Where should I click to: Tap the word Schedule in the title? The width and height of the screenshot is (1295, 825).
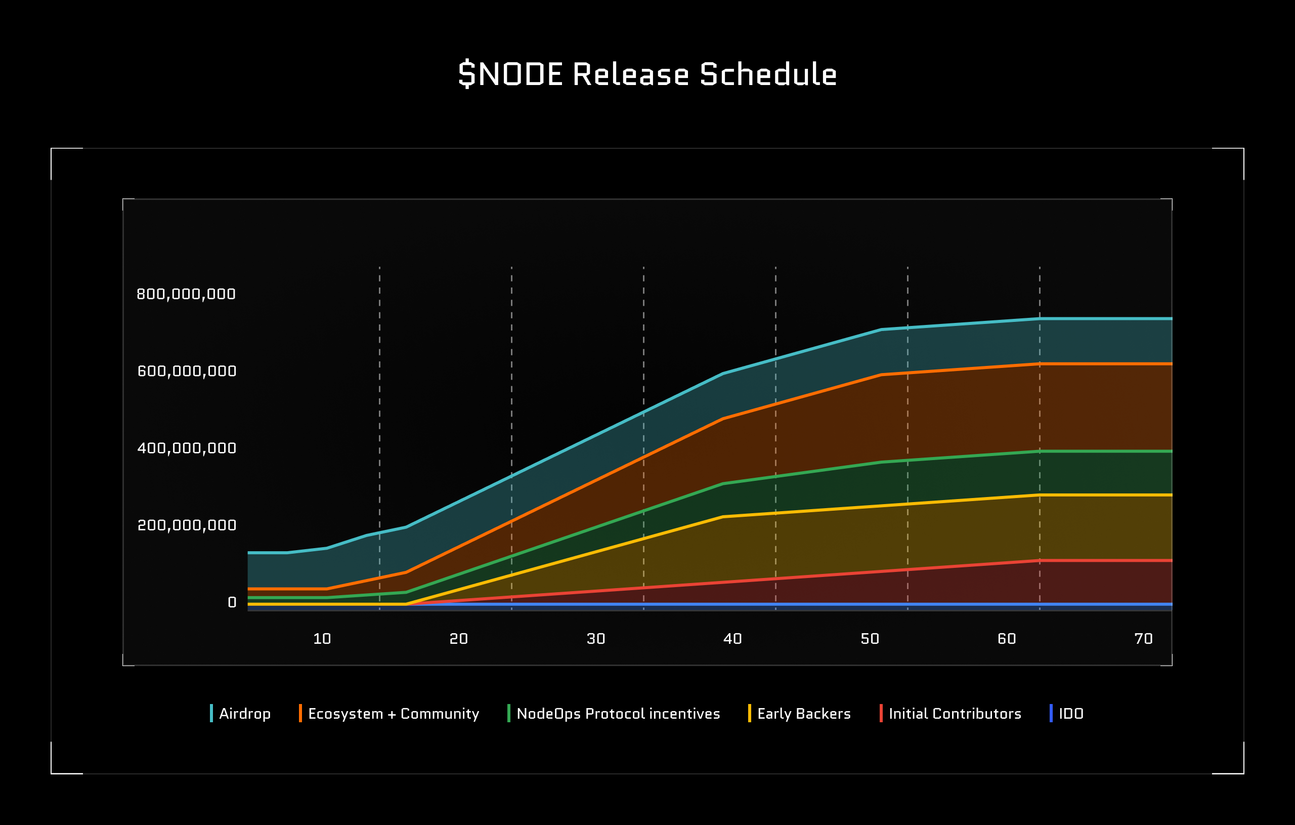pyautogui.click(x=768, y=74)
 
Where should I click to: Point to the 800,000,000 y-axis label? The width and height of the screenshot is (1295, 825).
pyautogui.click(x=186, y=294)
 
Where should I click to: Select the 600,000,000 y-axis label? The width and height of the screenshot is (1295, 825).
pyautogui.click(x=187, y=371)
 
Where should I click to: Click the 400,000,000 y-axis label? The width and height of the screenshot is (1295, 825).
pyautogui.click(x=187, y=448)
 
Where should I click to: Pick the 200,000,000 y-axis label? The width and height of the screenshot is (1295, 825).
pyautogui.click(x=187, y=525)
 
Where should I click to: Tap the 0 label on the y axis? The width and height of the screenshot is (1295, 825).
pyautogui.click(x=232, y=602)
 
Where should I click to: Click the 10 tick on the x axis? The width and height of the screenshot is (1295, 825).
pyautogui.click(x=322, y=638)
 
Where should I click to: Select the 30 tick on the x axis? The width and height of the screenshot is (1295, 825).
pyautogui.click(x=596, y=638)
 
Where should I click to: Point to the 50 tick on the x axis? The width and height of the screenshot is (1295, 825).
pyautogui.click(x=870, y=638)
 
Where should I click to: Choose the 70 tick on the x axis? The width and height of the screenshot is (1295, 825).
pyautogui.click(x=1143, y=638)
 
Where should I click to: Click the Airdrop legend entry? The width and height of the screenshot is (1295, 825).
pyautogui.click(x=245, y=714)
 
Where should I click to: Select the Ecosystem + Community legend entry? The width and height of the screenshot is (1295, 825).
pyautogui.click(x=393, y=714)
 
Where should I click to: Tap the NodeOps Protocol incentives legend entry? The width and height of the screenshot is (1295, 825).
pyautogui.click(x=618, y=714)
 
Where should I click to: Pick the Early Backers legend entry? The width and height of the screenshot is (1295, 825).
pyautogui.click(x=803, y=714)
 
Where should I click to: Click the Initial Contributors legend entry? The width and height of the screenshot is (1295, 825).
pyautogui.click(x=955, y=714)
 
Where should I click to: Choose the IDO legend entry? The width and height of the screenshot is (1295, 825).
pyautogui.click(x=1071, y=714)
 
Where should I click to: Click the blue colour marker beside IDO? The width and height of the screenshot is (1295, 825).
pyautogui.click(x=1051, y=713)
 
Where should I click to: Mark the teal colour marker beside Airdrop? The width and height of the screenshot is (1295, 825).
pyautogui.click(x=211, y=713)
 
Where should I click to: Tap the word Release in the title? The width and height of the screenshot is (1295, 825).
pyautogui.click(x=630, y=74)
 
